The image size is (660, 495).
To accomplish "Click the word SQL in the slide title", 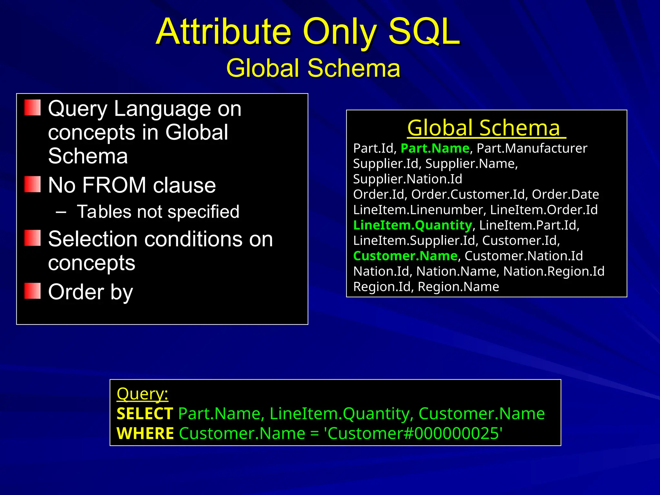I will coord(424,32).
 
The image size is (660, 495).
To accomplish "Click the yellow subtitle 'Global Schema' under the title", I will coord(313,68).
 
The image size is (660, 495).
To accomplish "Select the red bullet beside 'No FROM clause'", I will coord(33,184).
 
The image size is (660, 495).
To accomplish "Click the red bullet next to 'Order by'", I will coord(33,291).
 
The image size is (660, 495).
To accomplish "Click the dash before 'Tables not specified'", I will coord(61,212).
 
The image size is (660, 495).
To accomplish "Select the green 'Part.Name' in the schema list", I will coord(435,148).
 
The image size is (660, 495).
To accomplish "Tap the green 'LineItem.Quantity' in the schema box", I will coord(412,225).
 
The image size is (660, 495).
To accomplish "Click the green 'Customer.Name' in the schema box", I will coord(405,256).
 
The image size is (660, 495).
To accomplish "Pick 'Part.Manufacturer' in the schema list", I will coord(532,148).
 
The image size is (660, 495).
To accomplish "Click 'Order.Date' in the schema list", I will coord(565,194).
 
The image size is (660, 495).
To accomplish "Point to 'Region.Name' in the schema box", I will coord(458,287).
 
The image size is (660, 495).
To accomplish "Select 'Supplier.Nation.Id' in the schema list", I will coord(408,179).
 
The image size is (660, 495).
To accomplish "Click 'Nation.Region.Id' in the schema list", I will coord(554,271).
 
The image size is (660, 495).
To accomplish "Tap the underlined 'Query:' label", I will coord(142,394).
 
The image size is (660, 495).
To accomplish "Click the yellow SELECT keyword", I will coord(145,414).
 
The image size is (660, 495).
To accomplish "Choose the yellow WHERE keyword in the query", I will coord(145,433).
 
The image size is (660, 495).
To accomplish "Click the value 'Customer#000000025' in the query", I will coord(414,433).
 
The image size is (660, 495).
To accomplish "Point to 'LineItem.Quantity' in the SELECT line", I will coord(341,414).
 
